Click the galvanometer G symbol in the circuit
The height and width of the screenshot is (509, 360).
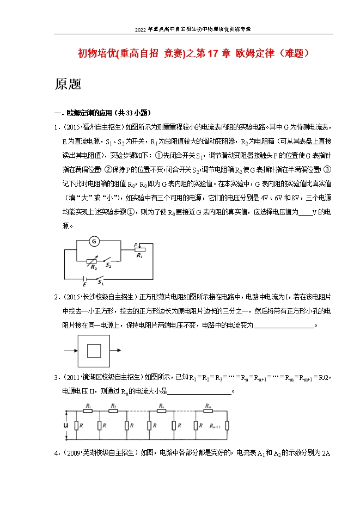[94, 241]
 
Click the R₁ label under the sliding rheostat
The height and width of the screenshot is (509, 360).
[139, 255]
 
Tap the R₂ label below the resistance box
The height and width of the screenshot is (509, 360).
[93, 267]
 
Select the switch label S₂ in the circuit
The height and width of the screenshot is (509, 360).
[108, 266]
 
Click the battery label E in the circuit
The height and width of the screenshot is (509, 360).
[83, 283]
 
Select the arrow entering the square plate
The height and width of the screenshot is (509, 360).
[70, 350]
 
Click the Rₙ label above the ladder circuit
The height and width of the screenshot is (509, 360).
[161, 406]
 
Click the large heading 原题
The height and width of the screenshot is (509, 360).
[68, 84]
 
